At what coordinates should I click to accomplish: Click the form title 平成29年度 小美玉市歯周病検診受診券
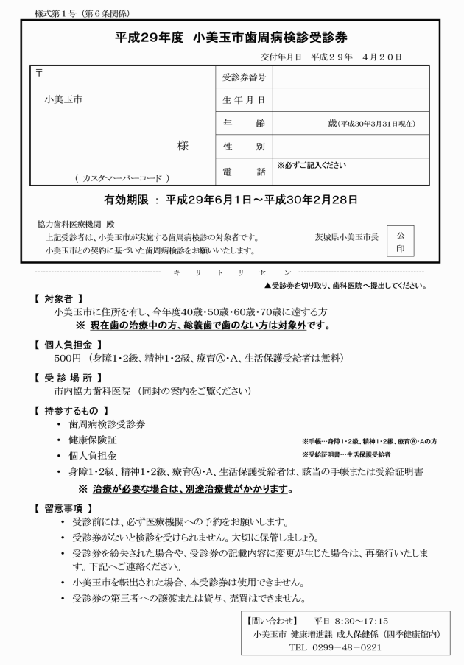coord(232,38)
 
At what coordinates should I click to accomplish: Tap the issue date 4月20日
coord(382,57)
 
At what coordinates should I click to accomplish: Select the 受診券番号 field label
coord(243,77)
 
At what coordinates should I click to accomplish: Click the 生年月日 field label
coord(243,99)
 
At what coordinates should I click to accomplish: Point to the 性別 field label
coord(243,147)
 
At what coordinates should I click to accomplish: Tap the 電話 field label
coord(243,171)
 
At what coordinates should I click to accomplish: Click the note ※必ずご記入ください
coord(312,166)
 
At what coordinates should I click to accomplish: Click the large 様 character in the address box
coord(183,146)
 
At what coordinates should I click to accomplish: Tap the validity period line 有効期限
coord(231,200)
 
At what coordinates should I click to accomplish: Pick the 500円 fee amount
coord(67,359)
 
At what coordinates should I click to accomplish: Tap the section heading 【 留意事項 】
coord(63,507)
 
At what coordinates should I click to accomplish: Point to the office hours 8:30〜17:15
coord(362,620)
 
